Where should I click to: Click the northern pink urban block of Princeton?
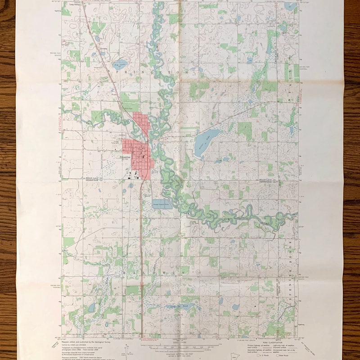click(x=141, y=121)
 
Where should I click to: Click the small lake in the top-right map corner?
click(x=290, y=7)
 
